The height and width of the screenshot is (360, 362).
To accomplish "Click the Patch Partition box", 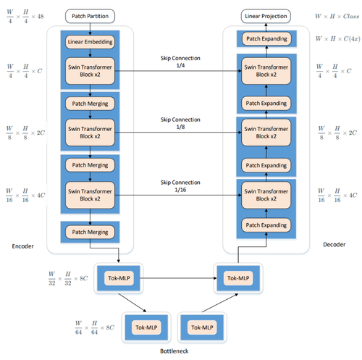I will [90, 15].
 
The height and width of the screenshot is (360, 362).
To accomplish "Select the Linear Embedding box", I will [90, 42].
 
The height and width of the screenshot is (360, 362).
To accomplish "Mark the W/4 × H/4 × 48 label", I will [27, 15].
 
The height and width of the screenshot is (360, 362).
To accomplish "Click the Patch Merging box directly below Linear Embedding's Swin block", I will [90, 104].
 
